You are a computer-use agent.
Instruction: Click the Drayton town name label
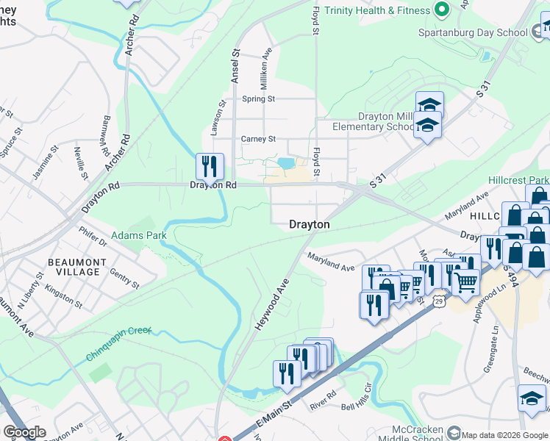click(x=309, y=224)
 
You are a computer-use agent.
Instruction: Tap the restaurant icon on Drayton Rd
click(x=210, y=167)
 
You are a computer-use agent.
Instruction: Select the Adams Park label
click(x=139, y=236)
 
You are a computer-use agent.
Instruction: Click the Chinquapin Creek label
click(x=118, y=342)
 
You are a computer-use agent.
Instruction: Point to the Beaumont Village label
click(x=73, y=267)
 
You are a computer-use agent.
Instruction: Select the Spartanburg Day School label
click(x=472, y=32)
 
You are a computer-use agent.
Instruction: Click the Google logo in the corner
click(x=24, y=432)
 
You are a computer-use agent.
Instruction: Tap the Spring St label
click(x=258, y=98)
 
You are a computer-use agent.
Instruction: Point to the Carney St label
click(x=258, y=139)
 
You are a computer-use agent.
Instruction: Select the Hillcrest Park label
click(x=518, y=180)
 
